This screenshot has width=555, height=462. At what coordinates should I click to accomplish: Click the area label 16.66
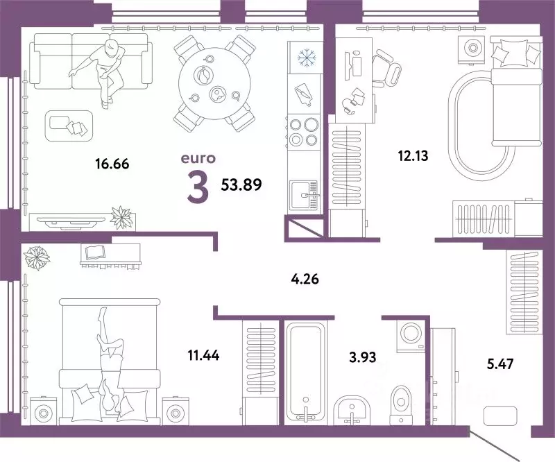[112, 164]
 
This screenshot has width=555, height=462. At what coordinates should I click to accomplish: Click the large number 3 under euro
[198, 187]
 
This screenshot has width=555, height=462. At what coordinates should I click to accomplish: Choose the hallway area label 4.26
[306, 281]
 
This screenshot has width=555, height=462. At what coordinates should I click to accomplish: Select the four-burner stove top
[303, 132]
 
